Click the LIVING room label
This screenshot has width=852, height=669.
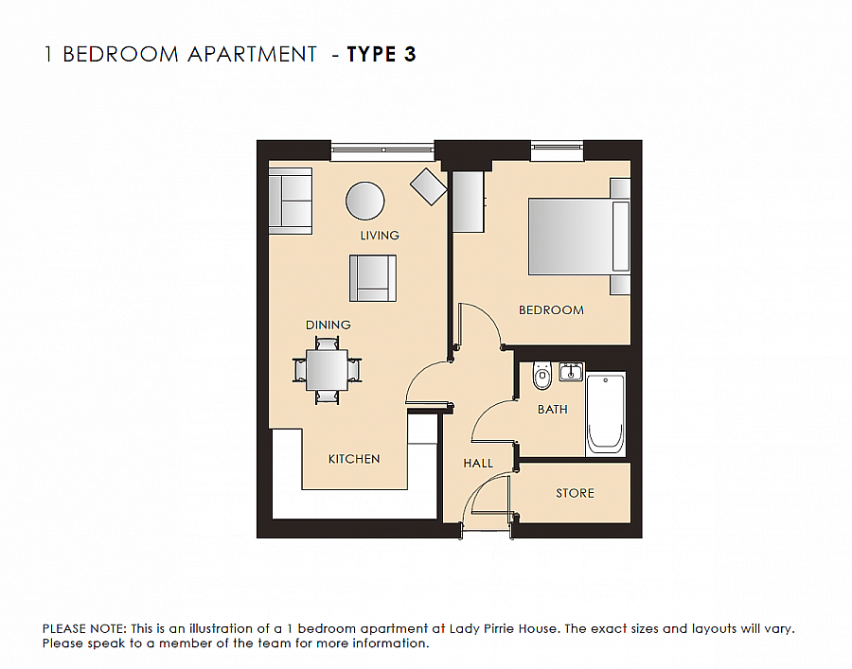[x=379, y=235]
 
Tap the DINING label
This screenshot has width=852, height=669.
[x=328, y=325]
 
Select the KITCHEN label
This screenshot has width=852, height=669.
[x=354, y=459]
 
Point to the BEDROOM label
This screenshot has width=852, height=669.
[x=551, y=309]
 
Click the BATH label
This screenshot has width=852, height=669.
[x=553, y=409]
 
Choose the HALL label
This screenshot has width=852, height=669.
[x=478, y=464]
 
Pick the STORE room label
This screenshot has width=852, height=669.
[x=575, y=493]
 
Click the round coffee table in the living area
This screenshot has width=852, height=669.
[x=365, y=201]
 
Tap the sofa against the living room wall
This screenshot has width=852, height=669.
[x=291, y=201]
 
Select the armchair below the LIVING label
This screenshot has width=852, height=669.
[x=373, y=276]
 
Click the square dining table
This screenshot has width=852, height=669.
[x=327, y=369]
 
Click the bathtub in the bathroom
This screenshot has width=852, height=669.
[x=606, y=414]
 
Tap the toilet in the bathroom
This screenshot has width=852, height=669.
[x=541, y=377]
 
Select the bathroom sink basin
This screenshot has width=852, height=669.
[x=570, y=373]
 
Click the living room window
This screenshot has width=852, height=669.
[x=382, y=150]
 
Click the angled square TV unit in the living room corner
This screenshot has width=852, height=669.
[x=428, y=186]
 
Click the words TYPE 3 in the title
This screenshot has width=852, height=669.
[x=382, y=54]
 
